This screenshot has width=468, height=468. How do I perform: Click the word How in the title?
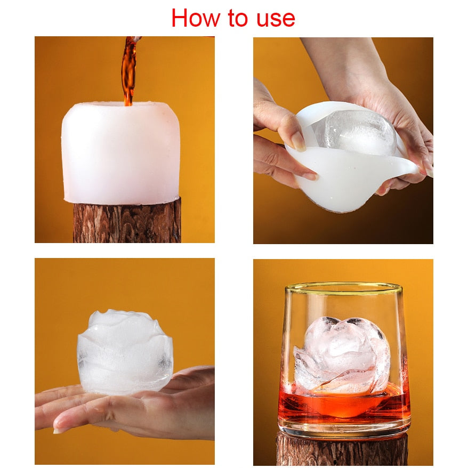pos(195,18)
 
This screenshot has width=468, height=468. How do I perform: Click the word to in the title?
pos(238,18)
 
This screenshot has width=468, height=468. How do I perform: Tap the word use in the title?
pos(276,20)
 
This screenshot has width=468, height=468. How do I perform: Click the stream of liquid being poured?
pos(129,71)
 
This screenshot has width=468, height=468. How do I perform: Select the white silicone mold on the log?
pos(121,153)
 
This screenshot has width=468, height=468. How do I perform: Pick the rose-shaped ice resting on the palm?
pos(125,352)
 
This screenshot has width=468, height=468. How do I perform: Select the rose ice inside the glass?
pos(342,355)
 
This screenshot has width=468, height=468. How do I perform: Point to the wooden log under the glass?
pos(342,449)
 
